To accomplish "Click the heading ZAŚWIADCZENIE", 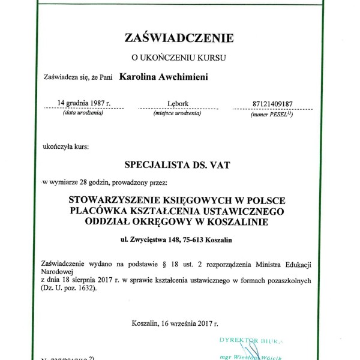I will coord(178,38).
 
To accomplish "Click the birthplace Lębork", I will coord(177,104).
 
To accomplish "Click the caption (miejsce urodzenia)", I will coord(177,113).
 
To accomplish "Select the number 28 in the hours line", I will coord(84,181).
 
